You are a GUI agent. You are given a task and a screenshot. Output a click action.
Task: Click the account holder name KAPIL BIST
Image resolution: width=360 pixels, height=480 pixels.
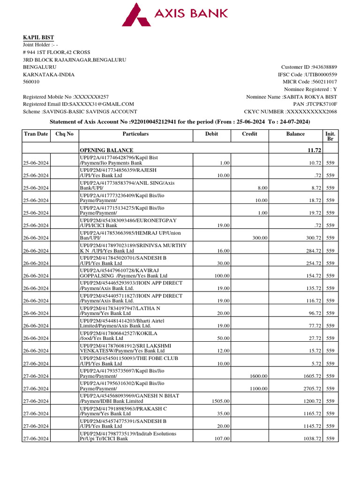pyautogui.click(x=38, y=37)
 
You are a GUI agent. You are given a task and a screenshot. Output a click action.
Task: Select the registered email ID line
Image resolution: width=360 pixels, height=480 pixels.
pyautogui.click(x=78, y=104)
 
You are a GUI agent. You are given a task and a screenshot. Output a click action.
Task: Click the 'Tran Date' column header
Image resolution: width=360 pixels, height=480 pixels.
pyautogui.click(x=36, y=134)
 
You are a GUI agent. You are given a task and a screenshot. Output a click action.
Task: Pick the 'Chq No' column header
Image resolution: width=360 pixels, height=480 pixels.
pyautogui.click(x=64, y=134)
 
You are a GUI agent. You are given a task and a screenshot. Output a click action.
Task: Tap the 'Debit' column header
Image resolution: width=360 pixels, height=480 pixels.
pyautogui.click(x=211, y=134)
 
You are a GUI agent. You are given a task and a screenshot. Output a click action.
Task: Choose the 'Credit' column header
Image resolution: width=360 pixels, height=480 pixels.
pyautogui.click(x=249, y=134)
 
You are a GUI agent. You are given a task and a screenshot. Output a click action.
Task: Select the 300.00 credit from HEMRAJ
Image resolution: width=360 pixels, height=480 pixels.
pyautogui.click(x=260, y=238)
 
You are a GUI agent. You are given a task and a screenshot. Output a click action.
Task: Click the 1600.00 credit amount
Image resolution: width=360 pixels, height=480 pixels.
pyautogui.click(x=259, y=376)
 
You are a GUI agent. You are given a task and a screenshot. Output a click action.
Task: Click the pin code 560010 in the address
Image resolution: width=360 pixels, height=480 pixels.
pyautogui.click(x=32, y=82)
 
